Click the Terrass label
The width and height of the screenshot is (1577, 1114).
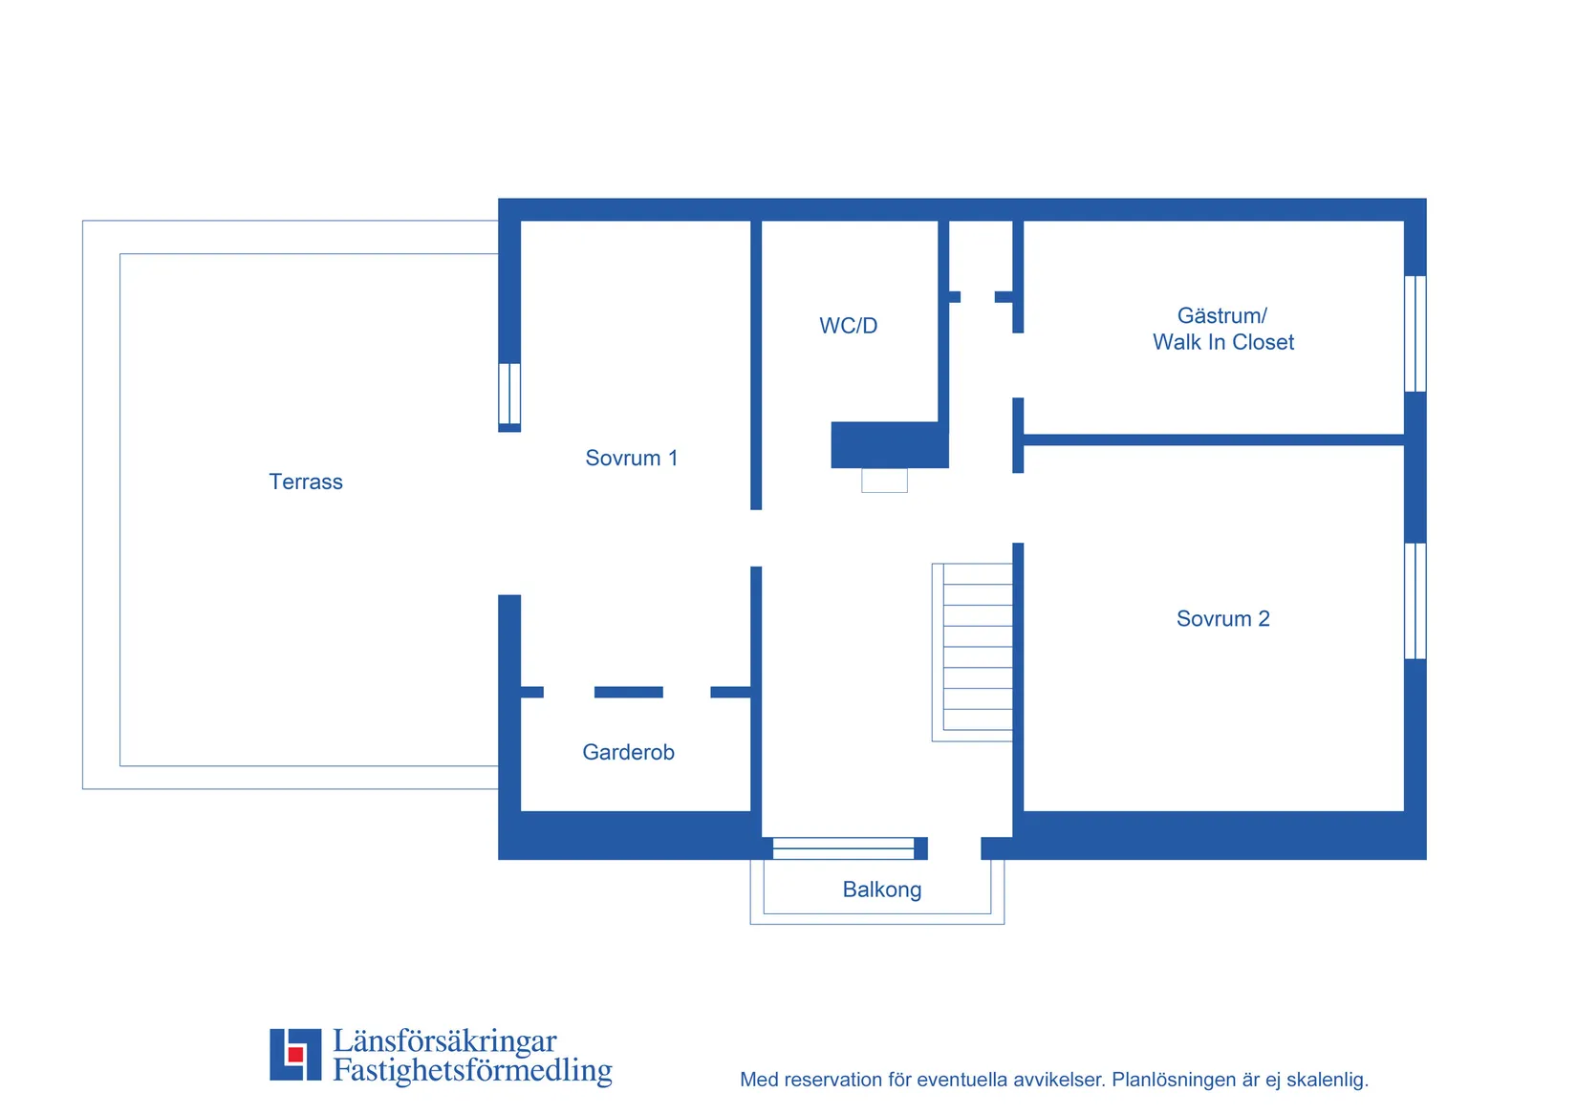pos(306,482)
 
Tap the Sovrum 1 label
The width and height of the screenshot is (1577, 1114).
pos(632,459)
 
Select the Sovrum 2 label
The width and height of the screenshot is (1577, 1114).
pos(1222,618)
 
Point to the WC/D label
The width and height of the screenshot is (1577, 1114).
pos(848,326)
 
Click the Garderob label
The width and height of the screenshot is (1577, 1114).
pos(628,752)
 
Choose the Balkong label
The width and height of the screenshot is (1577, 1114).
pos(881,889)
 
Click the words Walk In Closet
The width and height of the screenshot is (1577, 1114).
pos(1222,342)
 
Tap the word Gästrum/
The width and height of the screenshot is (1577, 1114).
pos(1222,315)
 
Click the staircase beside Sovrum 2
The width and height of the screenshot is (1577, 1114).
pos(972,653)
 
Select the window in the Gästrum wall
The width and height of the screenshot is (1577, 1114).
pos(1415,333)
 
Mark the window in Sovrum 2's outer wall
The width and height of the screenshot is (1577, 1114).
pos(1415,601)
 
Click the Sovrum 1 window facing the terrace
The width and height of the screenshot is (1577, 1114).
pos(509,394)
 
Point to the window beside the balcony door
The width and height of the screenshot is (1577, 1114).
pos(843,848)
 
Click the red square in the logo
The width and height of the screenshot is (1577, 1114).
pos(295,1054)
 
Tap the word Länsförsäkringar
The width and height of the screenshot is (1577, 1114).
pos(444,1040)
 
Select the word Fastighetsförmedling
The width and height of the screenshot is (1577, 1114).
pos(472,1070)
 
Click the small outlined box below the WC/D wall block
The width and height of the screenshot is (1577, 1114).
pos(884,481)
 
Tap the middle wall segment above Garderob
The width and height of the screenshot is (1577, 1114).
pos(629,693)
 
